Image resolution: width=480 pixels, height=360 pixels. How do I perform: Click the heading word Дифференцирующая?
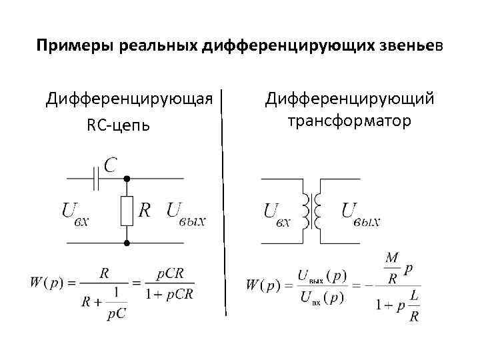pos(129,99)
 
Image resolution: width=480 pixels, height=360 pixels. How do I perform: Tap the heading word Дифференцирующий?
pos(349,99)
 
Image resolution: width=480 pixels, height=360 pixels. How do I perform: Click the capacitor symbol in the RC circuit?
pos(96,179)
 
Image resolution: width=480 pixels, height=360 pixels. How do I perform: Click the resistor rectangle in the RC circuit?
pos(127,211)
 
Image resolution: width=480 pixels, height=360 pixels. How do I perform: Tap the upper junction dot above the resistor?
pos(127,179)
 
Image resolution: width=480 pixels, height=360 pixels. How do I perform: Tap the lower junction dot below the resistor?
pos(127,243)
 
